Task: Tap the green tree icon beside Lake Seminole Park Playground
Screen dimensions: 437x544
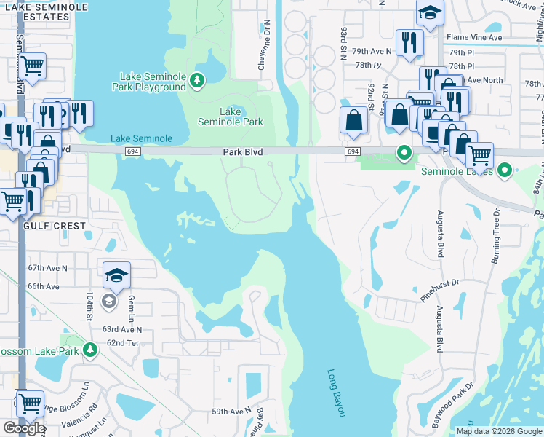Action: (x=197, y=81)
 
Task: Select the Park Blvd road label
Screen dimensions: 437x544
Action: (x=242, y=151)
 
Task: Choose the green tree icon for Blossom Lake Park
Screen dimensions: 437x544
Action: (x=90, y=351)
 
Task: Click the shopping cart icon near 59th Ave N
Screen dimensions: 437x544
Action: (x=29, y=403)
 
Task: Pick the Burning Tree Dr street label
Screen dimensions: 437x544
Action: (x=497, y=231)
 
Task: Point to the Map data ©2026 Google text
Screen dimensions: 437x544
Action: (x=498, y=431)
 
